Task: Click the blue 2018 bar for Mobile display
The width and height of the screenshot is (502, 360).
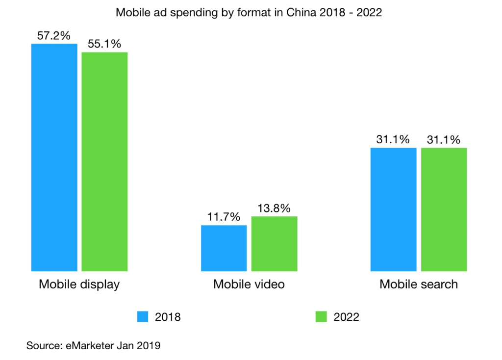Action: coord(54,157)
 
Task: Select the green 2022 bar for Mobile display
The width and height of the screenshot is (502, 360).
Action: coord(104,161)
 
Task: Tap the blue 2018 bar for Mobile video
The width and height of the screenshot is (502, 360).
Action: coord(224,248)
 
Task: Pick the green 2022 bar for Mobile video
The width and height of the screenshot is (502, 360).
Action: coord(274,244)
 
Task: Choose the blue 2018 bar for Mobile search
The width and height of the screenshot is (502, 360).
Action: coord(393,209)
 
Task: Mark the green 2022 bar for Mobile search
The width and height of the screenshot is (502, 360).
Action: coord(444,209)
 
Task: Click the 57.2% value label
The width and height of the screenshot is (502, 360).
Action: coord(54,36)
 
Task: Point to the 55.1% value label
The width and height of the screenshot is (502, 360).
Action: coord(104,44)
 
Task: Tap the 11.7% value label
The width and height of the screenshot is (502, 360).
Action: coord(224,217)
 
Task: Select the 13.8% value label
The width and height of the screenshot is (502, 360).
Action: coord(274,208)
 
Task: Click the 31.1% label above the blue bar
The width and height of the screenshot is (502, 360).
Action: coord(393,140)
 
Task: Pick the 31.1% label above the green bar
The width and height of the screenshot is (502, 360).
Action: coord(444,140)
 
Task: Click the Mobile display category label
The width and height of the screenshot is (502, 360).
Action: coord(79,284)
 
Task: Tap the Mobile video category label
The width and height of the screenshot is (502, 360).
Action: coord(249,284)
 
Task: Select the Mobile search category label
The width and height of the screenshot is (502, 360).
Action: coord(419,284)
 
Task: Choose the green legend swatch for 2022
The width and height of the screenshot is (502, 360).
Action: coord(321,317)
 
